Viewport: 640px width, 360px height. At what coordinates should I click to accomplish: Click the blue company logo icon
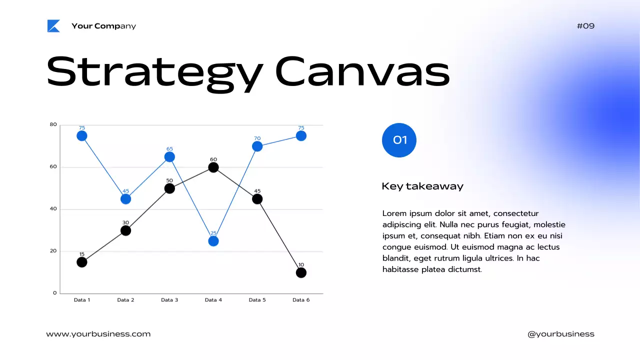click(53, 26)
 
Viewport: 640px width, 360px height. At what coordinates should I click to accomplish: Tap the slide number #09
click(585, 26)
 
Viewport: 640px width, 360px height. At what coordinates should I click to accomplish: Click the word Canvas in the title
click(362, 72)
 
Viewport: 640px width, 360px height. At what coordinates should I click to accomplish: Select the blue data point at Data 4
click(213, 241)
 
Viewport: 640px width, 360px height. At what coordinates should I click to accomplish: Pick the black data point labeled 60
click(213, 167)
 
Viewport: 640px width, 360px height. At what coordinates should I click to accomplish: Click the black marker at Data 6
click(301, 272)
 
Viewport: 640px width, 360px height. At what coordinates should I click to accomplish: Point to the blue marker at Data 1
click(82, 136)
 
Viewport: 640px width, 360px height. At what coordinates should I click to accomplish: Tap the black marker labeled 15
click(82, 262)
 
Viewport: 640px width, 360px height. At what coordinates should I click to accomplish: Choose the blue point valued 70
click(257, 146)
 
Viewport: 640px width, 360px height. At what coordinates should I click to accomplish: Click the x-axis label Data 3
click(169, 300)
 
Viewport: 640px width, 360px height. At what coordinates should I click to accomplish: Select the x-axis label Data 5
click(257, 300)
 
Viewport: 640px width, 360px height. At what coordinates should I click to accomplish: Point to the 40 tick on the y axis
click(53, 209)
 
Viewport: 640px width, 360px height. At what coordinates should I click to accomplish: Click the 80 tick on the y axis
click(53, 124)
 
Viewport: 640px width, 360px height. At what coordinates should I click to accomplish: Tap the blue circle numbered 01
click(399, 140)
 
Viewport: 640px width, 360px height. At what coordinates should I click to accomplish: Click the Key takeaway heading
click(422, 186)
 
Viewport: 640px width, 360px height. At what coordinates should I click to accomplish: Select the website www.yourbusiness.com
click(98, 334)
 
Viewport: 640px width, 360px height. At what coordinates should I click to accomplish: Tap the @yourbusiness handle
click(561, 334)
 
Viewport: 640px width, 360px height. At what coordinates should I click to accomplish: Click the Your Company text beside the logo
click(103, 26)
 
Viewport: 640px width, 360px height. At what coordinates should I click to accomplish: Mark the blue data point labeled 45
click(126, 199)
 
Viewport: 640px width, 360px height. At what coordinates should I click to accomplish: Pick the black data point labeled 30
click(126, 230)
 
